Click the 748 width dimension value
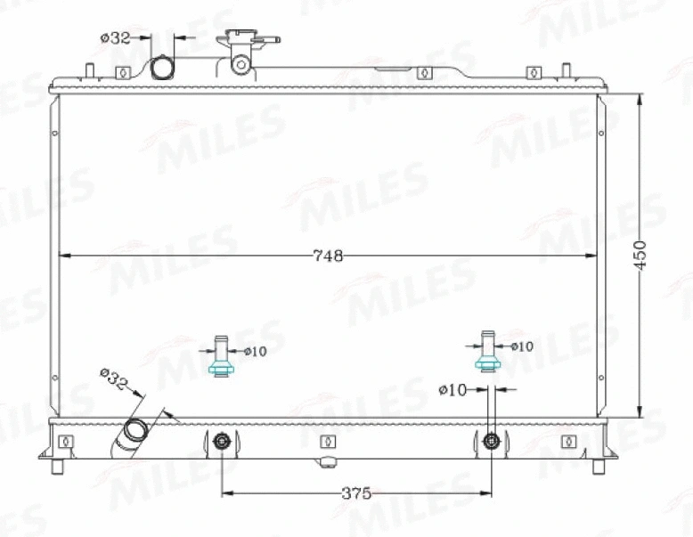[x=328, y=256]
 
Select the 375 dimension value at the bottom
[x=355, y=493]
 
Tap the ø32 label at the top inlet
[x=116, y=38]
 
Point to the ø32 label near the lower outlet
[x=113, y=380]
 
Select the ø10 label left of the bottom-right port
[x=453, y=389]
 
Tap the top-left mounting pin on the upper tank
[x=90, y=70]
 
